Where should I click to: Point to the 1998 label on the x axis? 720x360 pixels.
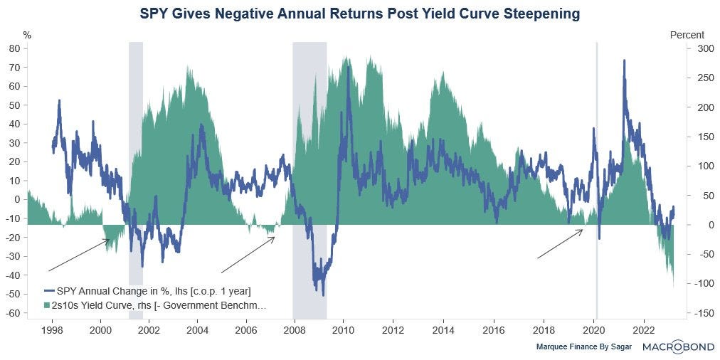point(52,330)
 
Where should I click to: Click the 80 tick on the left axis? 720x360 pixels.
point(14,48)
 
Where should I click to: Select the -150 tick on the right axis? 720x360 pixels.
point(696,313)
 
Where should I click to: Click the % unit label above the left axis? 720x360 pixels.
point(28,34)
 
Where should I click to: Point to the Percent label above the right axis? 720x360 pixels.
point(687,34)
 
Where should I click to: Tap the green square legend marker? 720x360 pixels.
point(48,305)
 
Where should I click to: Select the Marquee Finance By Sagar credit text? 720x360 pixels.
point(583,347)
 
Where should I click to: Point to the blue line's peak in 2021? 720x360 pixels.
point(624,61)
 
